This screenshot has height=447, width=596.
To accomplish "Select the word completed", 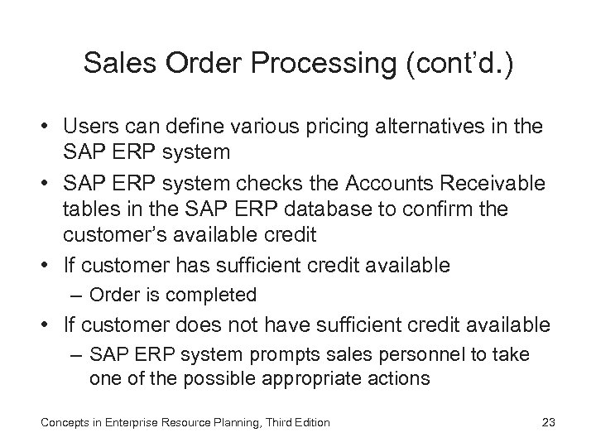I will [x=221, y=295].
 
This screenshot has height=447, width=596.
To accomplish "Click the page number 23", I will [x=547, y=423].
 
